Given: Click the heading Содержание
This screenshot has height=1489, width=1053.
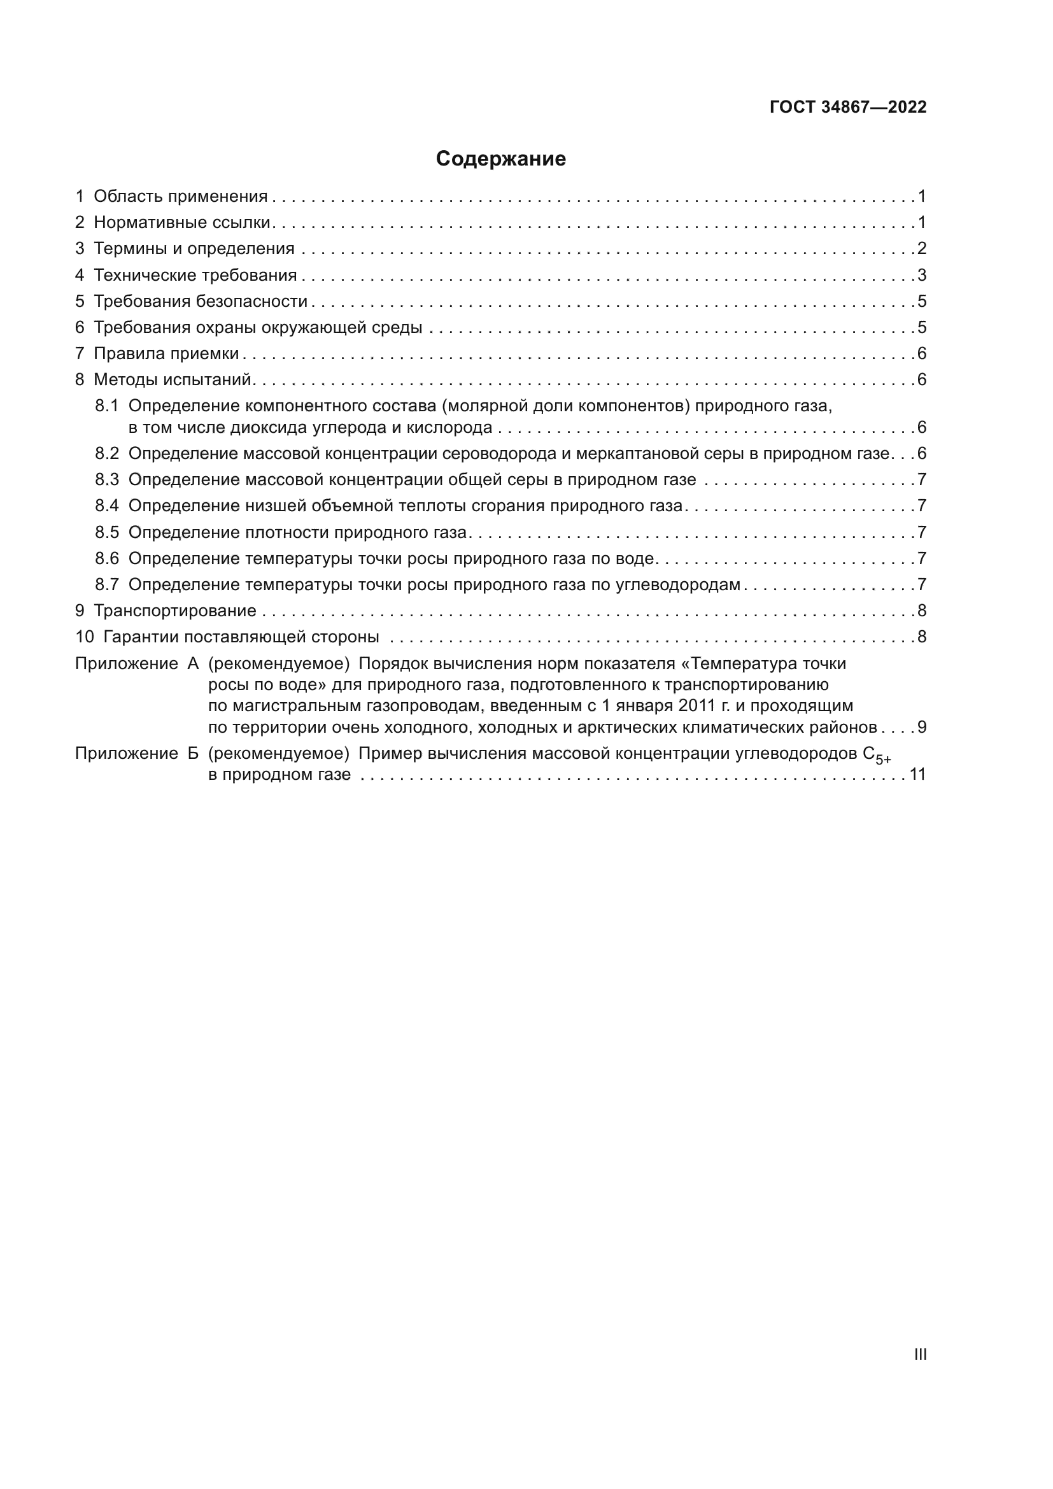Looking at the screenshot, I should (500, 159).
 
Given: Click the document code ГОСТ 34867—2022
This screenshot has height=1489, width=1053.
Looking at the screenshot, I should (847, 107).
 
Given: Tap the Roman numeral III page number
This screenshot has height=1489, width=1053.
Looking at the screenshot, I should (919, 1354).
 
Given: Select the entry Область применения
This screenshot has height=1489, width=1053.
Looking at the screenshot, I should (180, 197).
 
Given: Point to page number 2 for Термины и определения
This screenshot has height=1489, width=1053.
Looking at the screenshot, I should (921, 248).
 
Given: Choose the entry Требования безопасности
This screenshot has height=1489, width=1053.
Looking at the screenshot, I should (201, 301).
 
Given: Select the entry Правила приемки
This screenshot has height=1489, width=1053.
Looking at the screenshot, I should (166, 353).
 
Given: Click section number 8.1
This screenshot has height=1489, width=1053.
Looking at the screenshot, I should (107, 406).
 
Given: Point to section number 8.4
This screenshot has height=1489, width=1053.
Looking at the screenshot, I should (107, 506).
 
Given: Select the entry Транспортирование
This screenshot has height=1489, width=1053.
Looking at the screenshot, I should (175, 611).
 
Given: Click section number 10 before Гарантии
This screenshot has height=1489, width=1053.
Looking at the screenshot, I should (85, 637).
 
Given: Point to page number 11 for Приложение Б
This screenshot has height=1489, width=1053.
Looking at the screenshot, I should (917, 774).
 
